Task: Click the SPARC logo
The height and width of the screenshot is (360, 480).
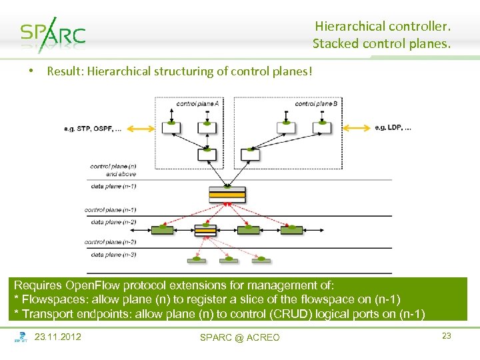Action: tap(53, 34)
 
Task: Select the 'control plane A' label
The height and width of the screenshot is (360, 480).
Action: tap(197, 103)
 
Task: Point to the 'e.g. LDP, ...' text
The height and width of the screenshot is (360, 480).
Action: tap(393, 127)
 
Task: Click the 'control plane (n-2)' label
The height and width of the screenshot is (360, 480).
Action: tap(111, 242)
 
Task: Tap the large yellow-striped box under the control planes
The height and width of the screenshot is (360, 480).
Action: tap(227, 195)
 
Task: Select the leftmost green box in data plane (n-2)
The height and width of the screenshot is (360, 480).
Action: tap(162, 229)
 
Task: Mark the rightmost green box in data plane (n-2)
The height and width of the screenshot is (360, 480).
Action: tap(291, 229)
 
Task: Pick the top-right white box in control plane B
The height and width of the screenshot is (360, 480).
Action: tap(324, 127)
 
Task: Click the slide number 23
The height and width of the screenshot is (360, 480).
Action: tap(447, 336)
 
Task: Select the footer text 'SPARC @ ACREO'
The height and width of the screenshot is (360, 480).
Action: tap(240, 337)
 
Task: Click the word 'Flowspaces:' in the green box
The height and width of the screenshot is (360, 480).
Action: tap(51, 299)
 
